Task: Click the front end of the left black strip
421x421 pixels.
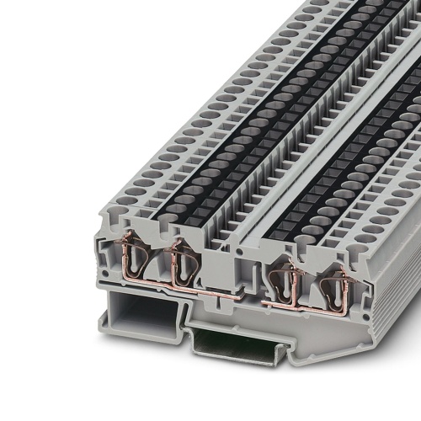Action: pyautogui.click(x=173, y=232)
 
